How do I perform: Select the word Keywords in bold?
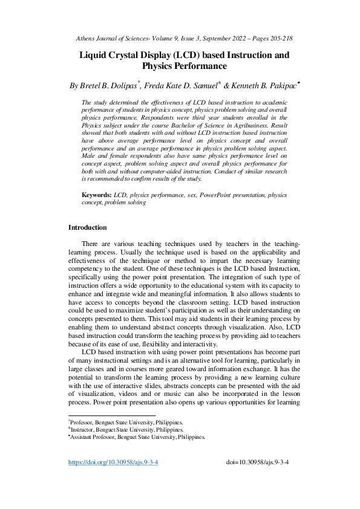[x=97, y=196]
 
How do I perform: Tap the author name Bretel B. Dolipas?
[x=108, y=86]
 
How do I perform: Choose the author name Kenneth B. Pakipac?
[x=267, y=86]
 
